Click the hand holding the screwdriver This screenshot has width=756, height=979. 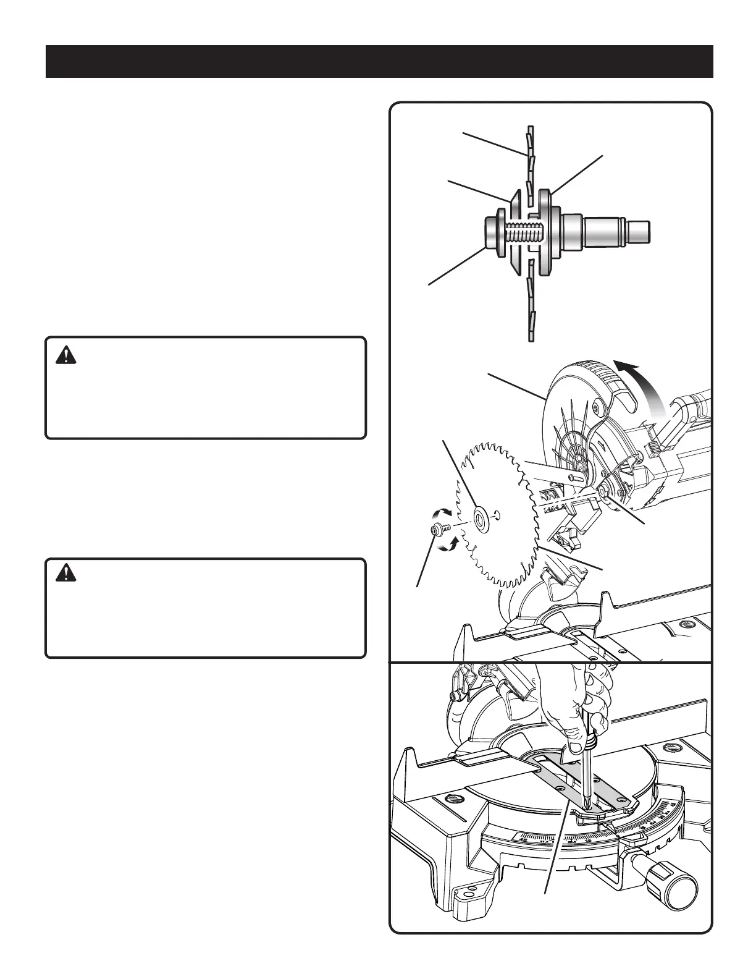tap(571, 698)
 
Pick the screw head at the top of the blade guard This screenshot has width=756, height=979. tap(596, 409)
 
